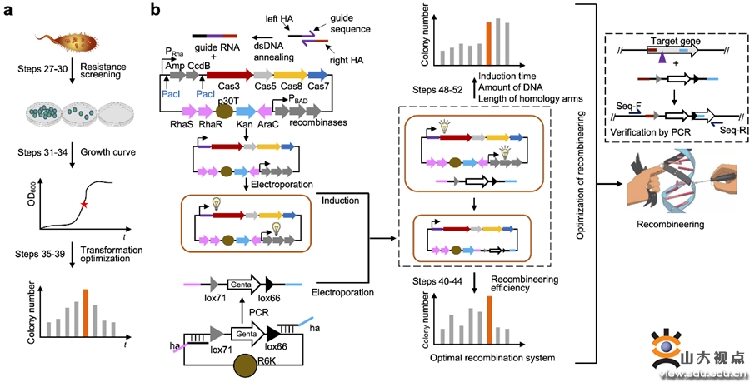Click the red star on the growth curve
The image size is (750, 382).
pos(83,203)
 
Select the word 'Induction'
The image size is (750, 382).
pos(340,200)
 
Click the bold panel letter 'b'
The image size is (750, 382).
pos(156,11)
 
